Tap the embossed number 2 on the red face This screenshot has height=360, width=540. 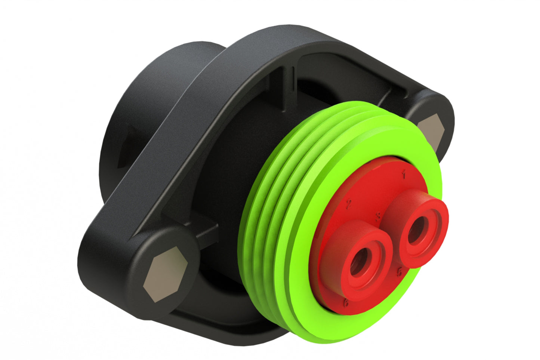click(x=349, y=204)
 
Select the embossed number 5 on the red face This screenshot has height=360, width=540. click(x=399, y=272)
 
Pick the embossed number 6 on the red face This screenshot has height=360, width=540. click(x=346, y=302)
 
